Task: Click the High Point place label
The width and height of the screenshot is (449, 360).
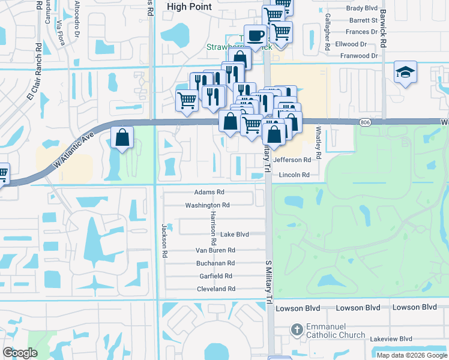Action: pyautogui.click(x=189, y=6)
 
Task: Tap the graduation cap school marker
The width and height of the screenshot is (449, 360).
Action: pyautogui.click(x=406, y=72)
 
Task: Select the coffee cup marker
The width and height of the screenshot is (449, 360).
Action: pyautogui.click(x=255, y=35)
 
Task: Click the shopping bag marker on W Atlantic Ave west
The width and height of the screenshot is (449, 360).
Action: pyautogui.click(x=122, y=137)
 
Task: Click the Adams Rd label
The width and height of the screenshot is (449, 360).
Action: pyautogui.click(x=209, y=193)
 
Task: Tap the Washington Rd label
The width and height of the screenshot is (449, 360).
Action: pyautogui.click(x=207, y=205)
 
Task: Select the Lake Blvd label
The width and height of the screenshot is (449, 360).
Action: pyautogui.click(x=234, y=235)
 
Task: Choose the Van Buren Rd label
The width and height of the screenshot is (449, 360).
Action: pyautogui.click(x=215, y=250)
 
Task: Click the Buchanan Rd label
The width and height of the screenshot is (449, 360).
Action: pyautogui.click(x=215, y=263)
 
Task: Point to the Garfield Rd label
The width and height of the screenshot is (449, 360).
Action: pyautogui.click(x=216, y=276)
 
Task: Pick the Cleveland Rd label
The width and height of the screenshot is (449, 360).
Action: pyautogui.click(x=216, y=289)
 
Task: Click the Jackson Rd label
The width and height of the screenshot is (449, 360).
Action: pyautogui.click(x=163, y=241)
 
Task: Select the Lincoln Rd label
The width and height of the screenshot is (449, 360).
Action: pyautogui.click(x=291, y=175)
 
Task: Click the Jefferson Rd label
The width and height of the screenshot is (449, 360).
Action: pyautogui.click(x=292, y=160)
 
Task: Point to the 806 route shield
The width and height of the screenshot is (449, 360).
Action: pyautogui.click(x=365, y=122)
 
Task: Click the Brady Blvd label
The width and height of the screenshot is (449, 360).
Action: pyautogui.click(x=364, y=9)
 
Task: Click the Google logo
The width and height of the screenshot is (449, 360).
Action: pyautogui.click(x=20, y=353)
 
